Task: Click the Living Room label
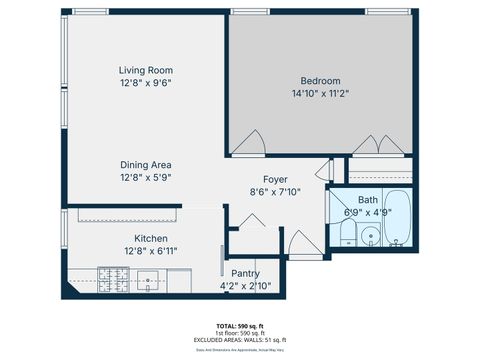pyautogui.click(x=146, y=70)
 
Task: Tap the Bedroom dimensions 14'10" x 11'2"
pyautogui.click(x=320, y=94)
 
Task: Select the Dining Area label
pyautogui.click(x=146, y=164)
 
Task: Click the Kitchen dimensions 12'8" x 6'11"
pyautogui.click(x=150, y=252)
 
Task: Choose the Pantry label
pyautogui.click(x=246, y=273)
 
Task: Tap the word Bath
pyautogui.click(x=367, y=200)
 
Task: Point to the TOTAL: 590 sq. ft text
pyautogui.click(x=239, y=326)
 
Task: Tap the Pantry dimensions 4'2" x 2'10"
pyautogui.click(x=246, y=286)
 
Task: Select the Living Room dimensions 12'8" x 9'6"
pyautogui.click(x=146, y=83)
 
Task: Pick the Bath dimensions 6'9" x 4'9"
pyautogui.click(x=367, y=212)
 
